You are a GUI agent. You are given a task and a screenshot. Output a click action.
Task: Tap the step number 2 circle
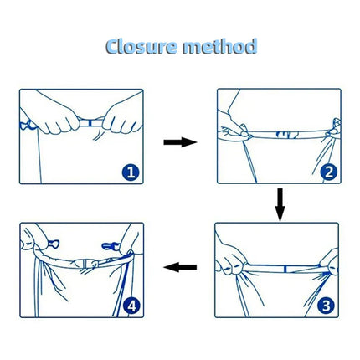pyautogui.click(x=328, y=173)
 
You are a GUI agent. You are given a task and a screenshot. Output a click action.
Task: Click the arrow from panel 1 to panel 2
pyautogui.click(x=179, y=143)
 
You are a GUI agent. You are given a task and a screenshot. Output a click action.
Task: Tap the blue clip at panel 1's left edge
pyautogui.click(x=28, y=127)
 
